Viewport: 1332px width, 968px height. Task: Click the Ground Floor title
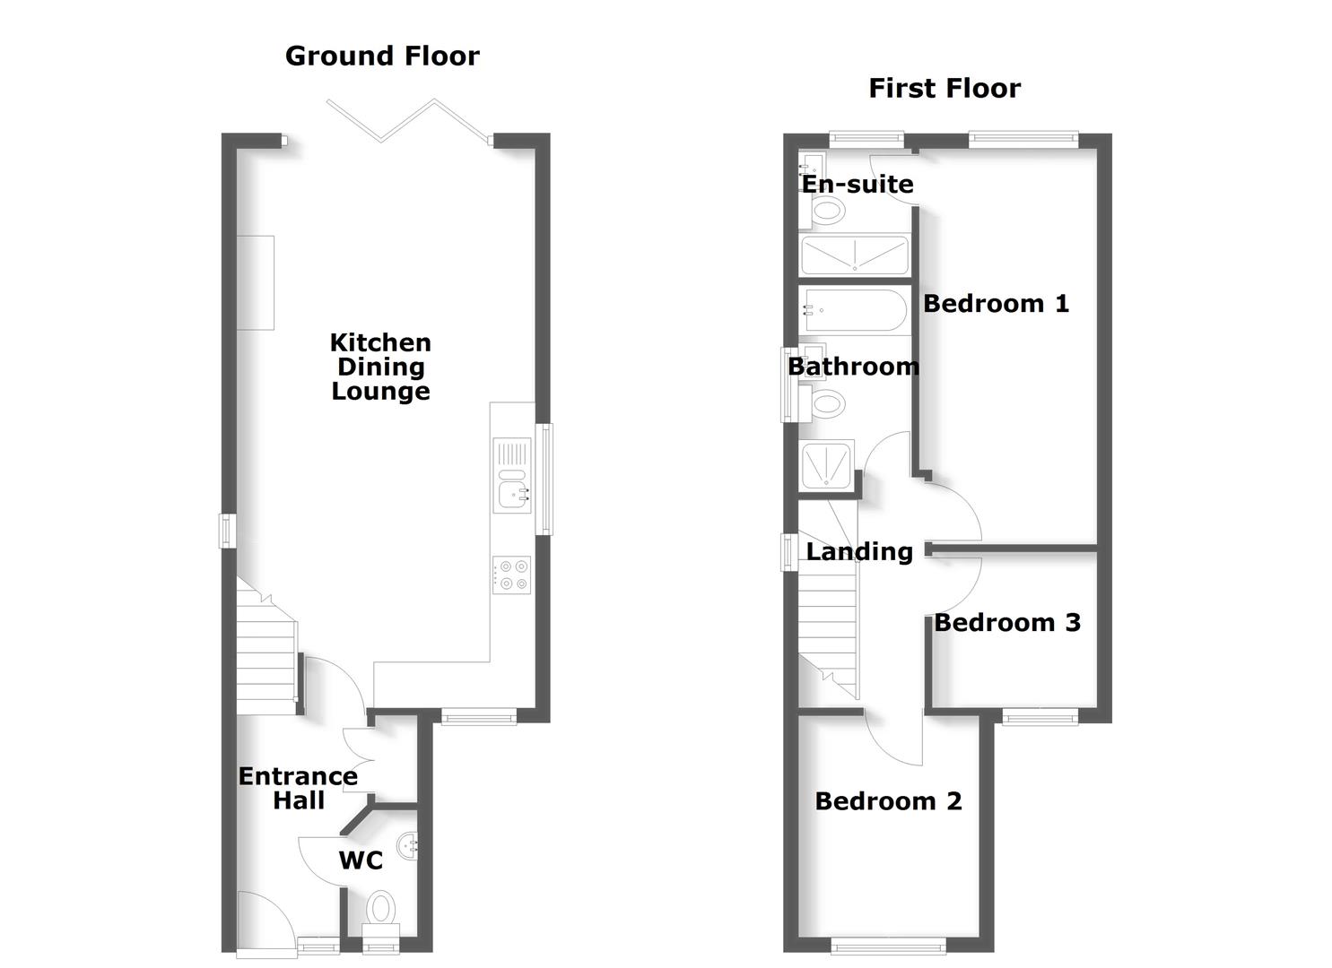click(x=382, y=56)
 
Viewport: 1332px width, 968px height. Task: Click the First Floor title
click(x=944, y=89)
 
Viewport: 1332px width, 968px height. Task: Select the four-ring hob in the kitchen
click(x=511, y=575)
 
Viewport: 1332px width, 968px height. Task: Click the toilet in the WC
click(x=381, y=909)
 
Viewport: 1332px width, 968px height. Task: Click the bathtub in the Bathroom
click(x=853, y=311)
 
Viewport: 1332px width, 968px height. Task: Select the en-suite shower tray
click(x=854, y=255)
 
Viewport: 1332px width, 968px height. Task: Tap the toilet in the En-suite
click(x=826, y=212)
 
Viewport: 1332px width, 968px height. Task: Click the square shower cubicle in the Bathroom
click(x=826, y=465)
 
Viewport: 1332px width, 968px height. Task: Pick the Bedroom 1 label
click(x=996, y=304)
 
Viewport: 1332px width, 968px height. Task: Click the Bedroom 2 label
click(x=888, y=801)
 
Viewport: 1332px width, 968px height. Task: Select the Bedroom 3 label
click(x=1006, y=623)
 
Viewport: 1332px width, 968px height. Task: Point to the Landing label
click(x=858, y=552)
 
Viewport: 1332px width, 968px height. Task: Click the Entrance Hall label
click(x=298, y=789)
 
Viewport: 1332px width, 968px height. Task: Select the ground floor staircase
click(x=266, y=650)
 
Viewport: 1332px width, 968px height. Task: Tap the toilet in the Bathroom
click(x=826, y=405)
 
